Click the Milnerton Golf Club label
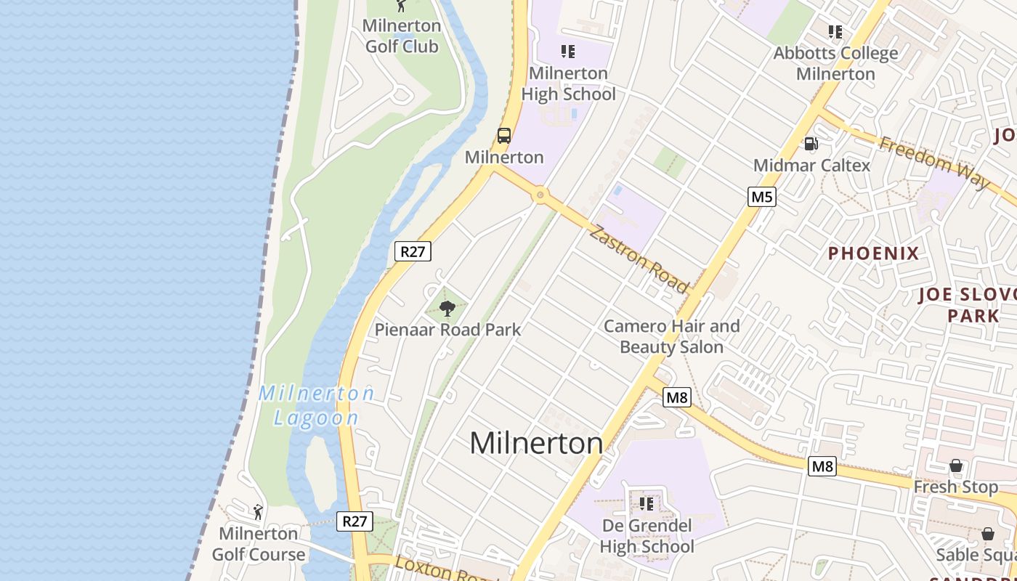402,36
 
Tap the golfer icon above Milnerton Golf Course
257,512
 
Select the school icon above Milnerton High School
568,52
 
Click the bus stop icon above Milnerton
504,136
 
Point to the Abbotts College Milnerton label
835,63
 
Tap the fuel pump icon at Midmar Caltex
811,144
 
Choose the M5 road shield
762,196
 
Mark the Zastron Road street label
639,259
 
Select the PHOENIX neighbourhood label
874,253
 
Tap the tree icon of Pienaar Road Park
447,309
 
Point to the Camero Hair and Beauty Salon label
671,336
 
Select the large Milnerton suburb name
536,443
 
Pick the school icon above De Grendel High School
647,503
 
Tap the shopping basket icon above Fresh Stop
956,466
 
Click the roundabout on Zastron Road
540,195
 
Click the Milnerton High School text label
568,84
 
